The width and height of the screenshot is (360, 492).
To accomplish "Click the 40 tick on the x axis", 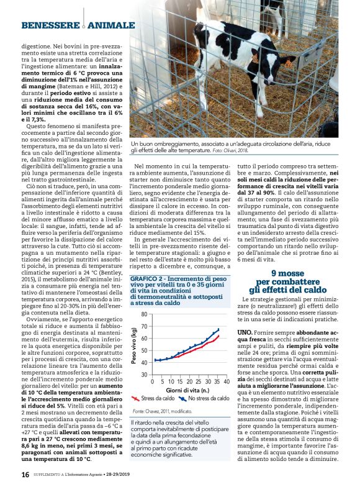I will tap(227, 381).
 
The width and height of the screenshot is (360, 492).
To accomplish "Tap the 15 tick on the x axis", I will tap(181, 381).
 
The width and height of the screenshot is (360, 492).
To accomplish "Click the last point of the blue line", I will tap(218, 329).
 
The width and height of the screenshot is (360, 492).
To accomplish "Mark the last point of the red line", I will tap(218, 335).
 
